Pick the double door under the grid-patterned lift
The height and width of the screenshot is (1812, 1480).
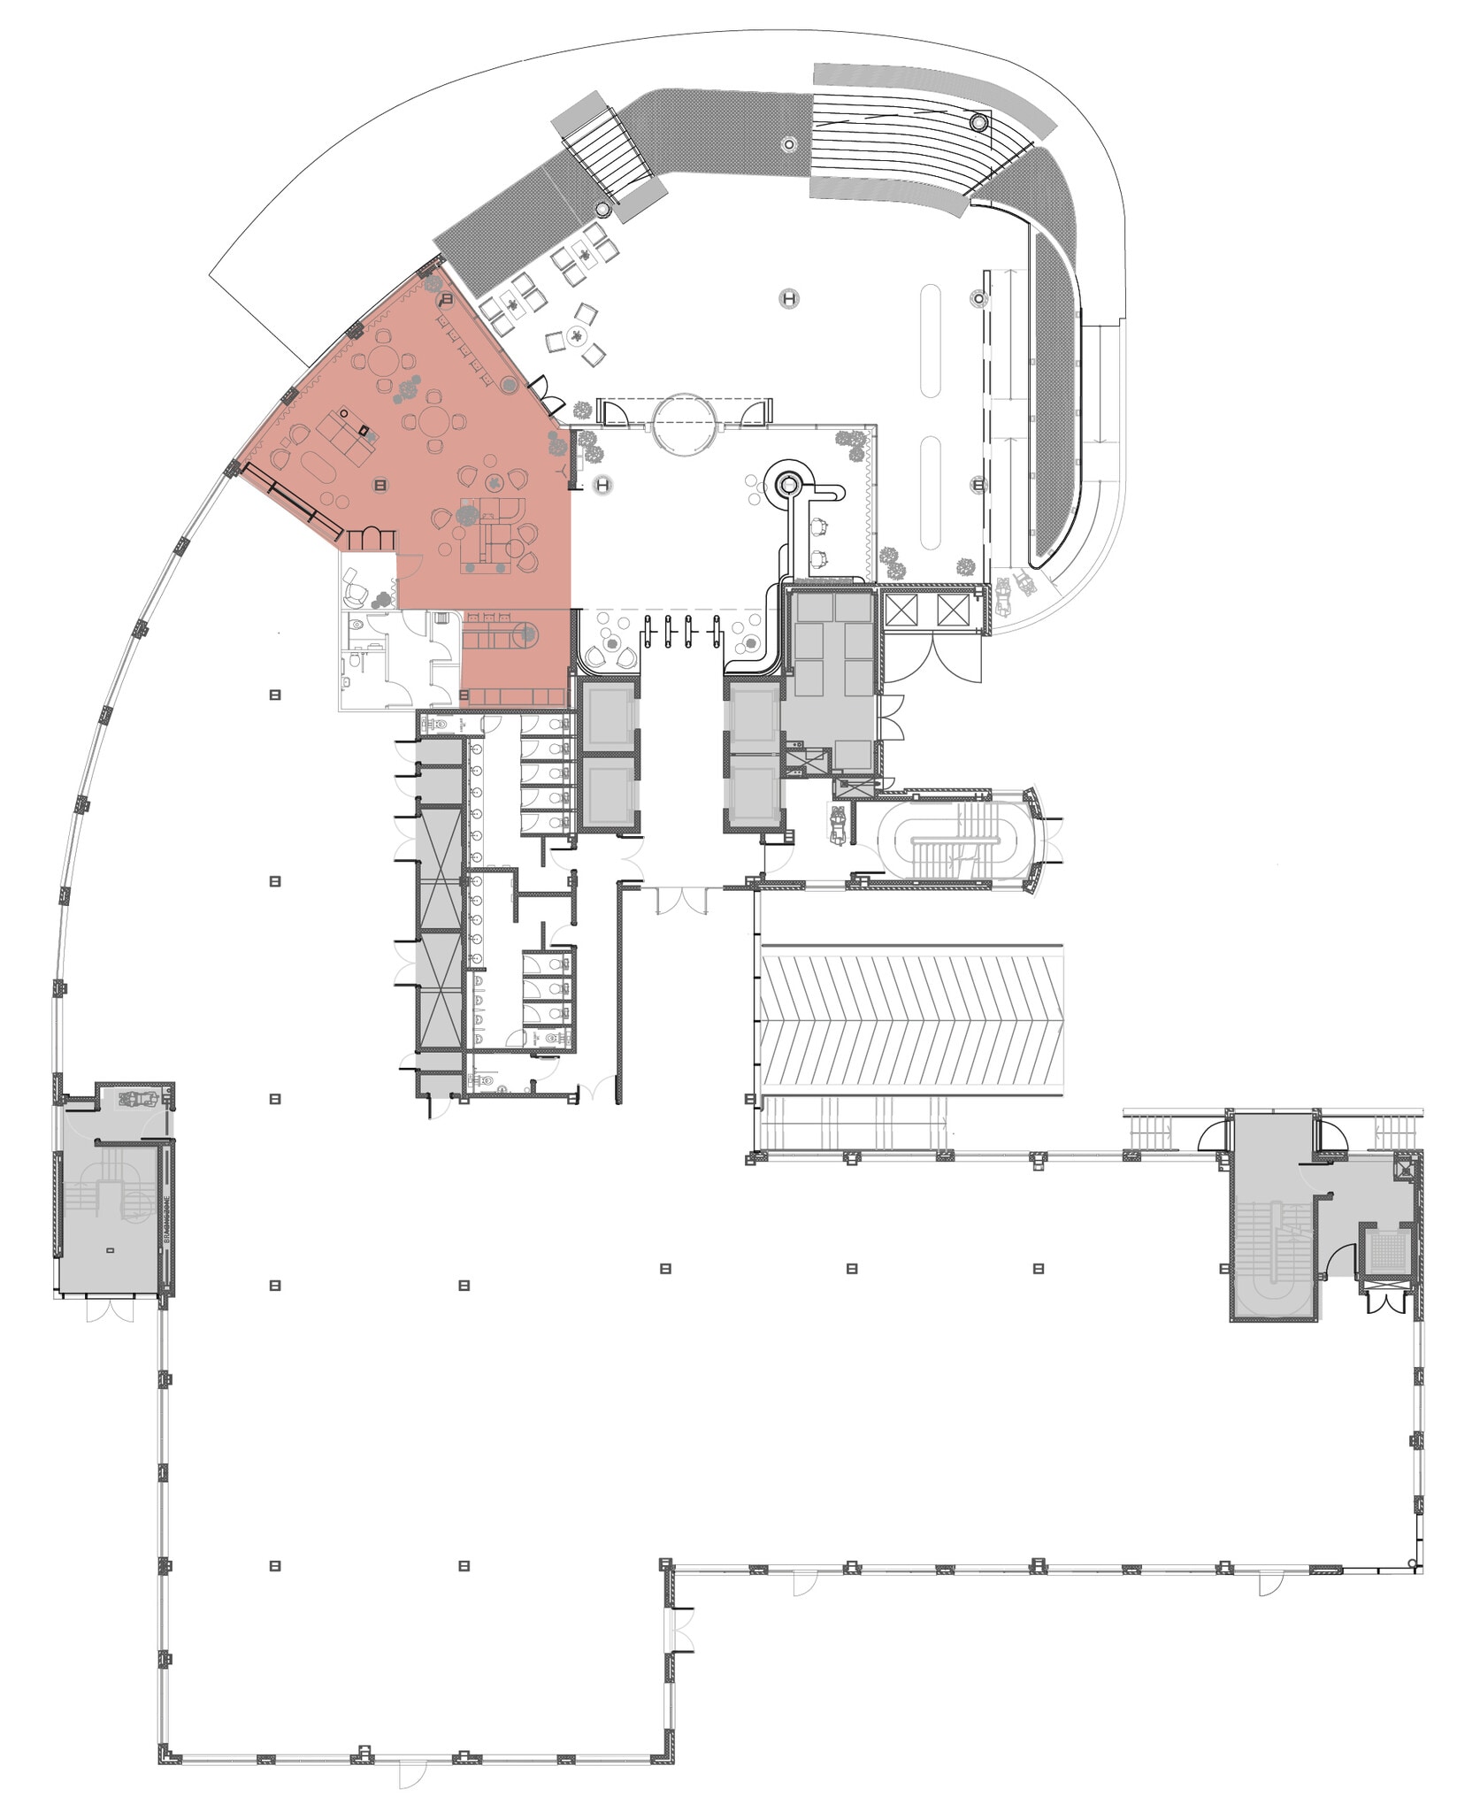(1384, 1302)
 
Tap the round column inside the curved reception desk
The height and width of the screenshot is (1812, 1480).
(787, 483)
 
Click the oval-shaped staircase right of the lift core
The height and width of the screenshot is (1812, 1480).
(955, 839)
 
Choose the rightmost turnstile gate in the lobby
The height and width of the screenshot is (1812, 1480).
(716, 632)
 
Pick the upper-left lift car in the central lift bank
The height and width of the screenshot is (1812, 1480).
(606, 716)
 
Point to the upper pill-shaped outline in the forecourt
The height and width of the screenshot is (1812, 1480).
(930, 341)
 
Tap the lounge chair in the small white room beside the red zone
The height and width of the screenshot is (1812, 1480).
(356, 584)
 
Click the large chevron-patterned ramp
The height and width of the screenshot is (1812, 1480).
(911, 1021)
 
